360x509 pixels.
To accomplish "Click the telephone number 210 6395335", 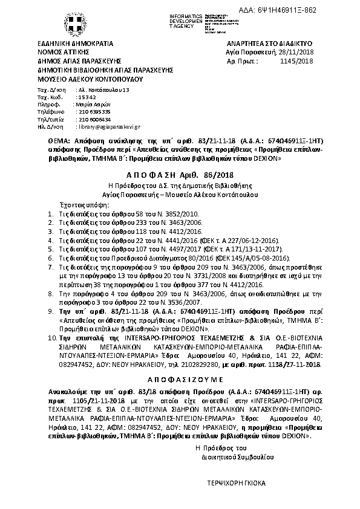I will (x=94, y=112).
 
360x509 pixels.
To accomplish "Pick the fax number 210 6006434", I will (x=94, y=119).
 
